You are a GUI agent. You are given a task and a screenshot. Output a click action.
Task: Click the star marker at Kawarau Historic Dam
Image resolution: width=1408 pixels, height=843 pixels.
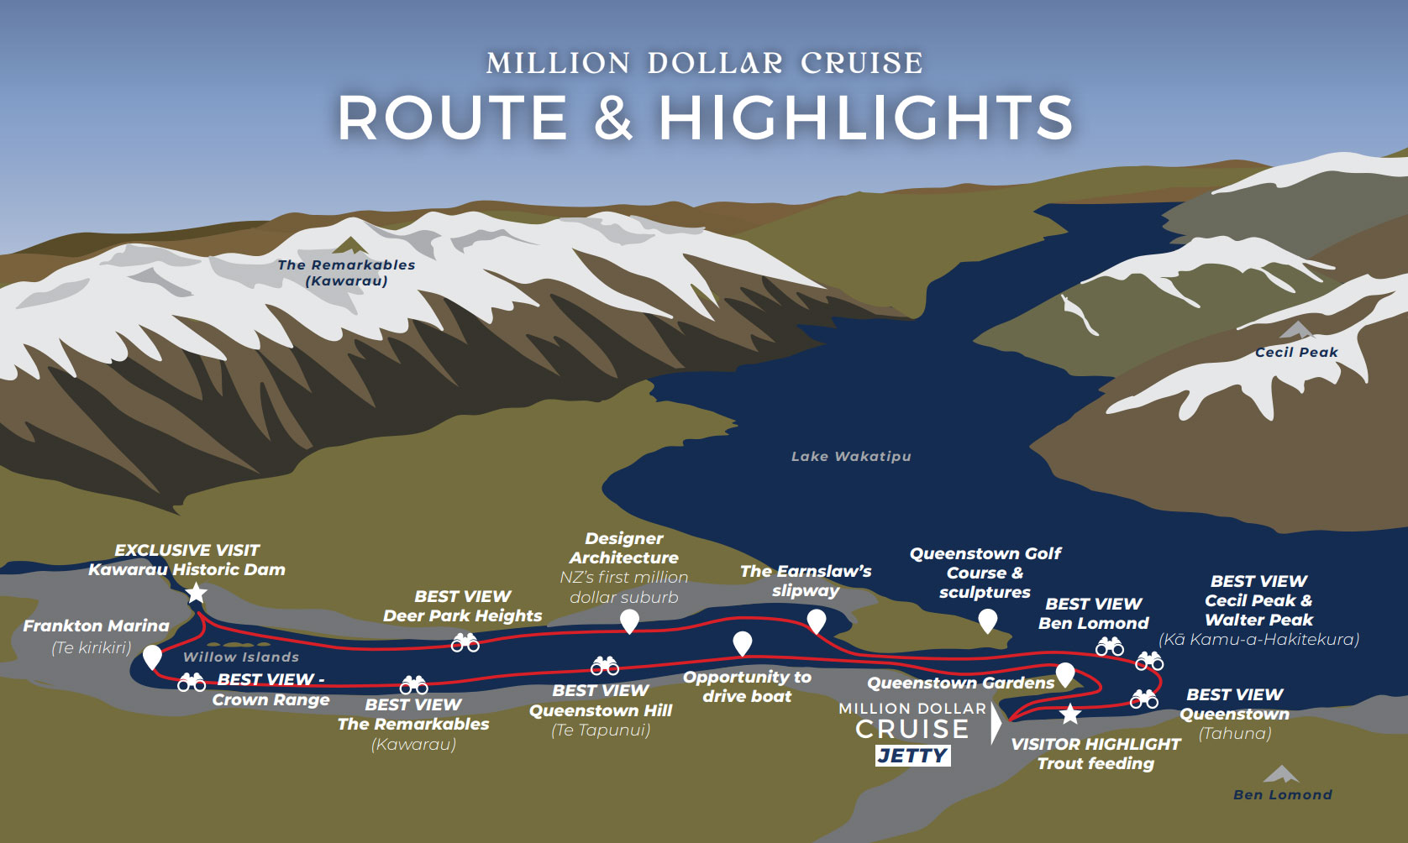(196, 594)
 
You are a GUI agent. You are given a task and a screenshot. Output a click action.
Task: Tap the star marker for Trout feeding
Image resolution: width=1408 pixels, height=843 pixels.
(1069, 715)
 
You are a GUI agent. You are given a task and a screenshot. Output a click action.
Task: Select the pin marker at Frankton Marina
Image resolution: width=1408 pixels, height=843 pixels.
(152, 656)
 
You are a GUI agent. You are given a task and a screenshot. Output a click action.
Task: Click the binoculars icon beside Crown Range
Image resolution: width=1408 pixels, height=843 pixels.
(192, 683)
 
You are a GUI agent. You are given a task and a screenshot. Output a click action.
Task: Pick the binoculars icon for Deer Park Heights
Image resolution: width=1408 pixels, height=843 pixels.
(465, 643)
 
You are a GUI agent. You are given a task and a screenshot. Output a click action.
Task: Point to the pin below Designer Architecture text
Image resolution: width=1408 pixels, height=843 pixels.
(629, 621)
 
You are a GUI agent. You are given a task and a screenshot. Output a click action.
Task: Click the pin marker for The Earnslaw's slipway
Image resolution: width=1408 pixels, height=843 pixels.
(816, 621)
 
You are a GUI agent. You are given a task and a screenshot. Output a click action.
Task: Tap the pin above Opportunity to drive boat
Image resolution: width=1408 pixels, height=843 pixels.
(742, 643)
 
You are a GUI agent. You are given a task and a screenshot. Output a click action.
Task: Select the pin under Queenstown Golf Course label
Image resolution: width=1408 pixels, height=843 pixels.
(988, 620)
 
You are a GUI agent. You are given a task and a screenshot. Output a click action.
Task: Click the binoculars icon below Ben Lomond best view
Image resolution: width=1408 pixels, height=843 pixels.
(1110, 647)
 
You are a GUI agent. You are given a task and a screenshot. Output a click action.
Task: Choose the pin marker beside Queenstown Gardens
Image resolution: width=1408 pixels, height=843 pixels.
(1065, 673)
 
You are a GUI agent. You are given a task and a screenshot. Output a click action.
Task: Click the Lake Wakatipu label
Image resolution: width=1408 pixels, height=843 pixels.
(851, 456)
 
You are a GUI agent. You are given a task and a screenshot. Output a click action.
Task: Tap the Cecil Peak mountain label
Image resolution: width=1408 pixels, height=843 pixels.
(1296, 352)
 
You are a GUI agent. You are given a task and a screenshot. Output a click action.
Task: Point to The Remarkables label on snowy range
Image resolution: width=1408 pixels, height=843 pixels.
(346, 272)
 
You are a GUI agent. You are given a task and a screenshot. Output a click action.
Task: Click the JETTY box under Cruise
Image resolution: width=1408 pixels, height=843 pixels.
(913, 755)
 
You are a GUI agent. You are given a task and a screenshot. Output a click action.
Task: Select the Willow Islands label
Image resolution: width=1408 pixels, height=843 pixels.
(241, 657)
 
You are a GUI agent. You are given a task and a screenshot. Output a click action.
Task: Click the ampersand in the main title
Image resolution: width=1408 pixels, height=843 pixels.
(614, 118)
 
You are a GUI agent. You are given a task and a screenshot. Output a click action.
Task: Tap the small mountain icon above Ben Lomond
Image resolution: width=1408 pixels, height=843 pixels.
(1281, 773)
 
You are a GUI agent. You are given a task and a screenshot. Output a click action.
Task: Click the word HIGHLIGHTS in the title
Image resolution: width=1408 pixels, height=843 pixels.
(866, 118)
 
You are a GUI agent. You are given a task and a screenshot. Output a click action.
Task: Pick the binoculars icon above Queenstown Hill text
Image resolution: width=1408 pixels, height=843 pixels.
(605, 667)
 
